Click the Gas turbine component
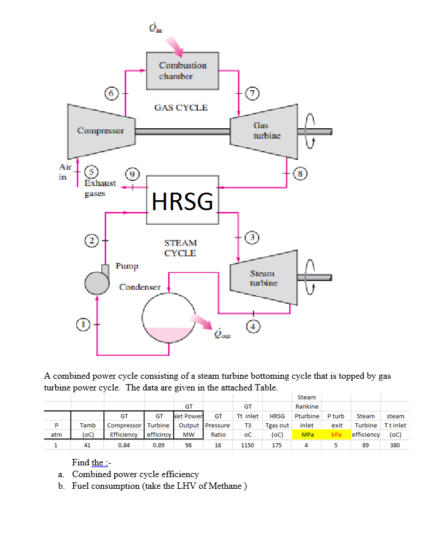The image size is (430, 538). tap(260, 131)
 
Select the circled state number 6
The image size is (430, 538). tap(111, 92)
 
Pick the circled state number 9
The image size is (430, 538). tap(133, 174)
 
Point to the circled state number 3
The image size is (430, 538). tap(253, 237)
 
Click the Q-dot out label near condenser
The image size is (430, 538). tap(223, 334)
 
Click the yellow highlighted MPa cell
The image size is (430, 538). tap(306, 435)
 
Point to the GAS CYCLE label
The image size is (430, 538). tap(181, 107)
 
